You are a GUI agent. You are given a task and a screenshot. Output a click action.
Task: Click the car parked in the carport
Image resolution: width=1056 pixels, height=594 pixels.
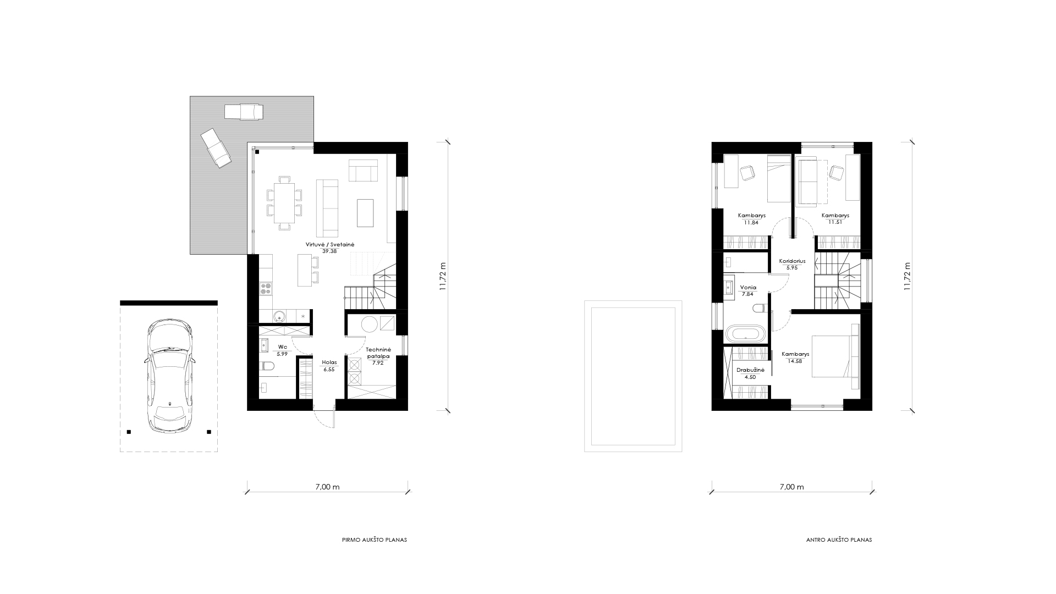point(169,377)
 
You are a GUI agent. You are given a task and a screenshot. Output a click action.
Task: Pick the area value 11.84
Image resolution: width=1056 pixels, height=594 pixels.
point(751,223)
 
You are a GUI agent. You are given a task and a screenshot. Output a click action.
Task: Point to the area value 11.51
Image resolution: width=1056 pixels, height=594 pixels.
point(835,223)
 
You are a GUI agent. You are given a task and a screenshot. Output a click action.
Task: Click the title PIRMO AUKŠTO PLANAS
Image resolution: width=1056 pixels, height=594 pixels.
point(375,540)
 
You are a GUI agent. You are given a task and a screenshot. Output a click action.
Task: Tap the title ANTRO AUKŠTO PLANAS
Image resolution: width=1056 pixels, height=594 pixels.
point(839,540)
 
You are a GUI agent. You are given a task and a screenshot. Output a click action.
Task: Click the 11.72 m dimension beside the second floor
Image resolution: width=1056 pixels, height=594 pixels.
point(908,276)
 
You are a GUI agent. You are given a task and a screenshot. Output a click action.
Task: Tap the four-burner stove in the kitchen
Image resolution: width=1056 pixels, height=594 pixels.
point(266,288)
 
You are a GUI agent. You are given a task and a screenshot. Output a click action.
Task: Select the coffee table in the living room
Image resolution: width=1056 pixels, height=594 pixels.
point(365,212)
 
